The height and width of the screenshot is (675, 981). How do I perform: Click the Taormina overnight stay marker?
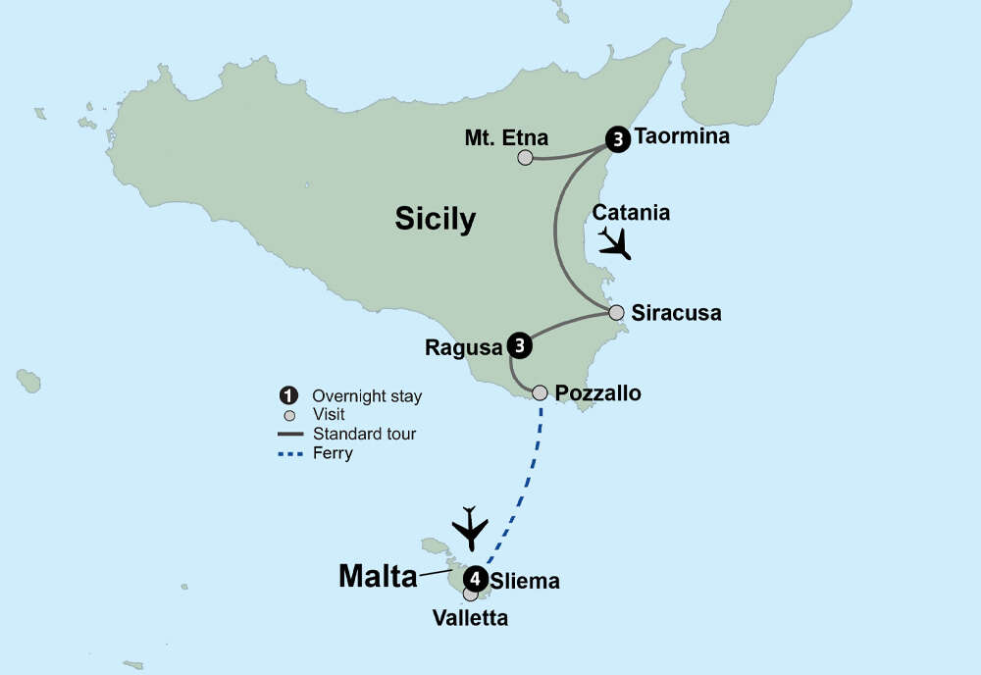617,140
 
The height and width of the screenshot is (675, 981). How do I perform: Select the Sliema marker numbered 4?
476,577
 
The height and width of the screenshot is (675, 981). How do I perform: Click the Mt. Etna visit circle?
526,157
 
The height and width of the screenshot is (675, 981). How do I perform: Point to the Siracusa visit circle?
616,313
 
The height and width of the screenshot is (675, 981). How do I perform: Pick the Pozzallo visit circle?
540,392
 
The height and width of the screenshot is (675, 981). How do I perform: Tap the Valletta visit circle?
471,594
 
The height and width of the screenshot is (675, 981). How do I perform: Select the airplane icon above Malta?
471,529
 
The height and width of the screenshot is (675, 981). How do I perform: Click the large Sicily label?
435,219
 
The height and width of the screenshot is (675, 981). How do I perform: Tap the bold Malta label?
378,577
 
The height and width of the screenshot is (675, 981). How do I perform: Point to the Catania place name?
631,212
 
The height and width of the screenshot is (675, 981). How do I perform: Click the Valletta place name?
471,618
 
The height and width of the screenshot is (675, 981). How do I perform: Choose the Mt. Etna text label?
506,137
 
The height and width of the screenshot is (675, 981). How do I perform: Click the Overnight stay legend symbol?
288,396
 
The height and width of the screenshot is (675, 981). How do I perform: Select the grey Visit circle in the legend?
288,415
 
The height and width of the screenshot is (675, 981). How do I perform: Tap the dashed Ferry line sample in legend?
288,453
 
